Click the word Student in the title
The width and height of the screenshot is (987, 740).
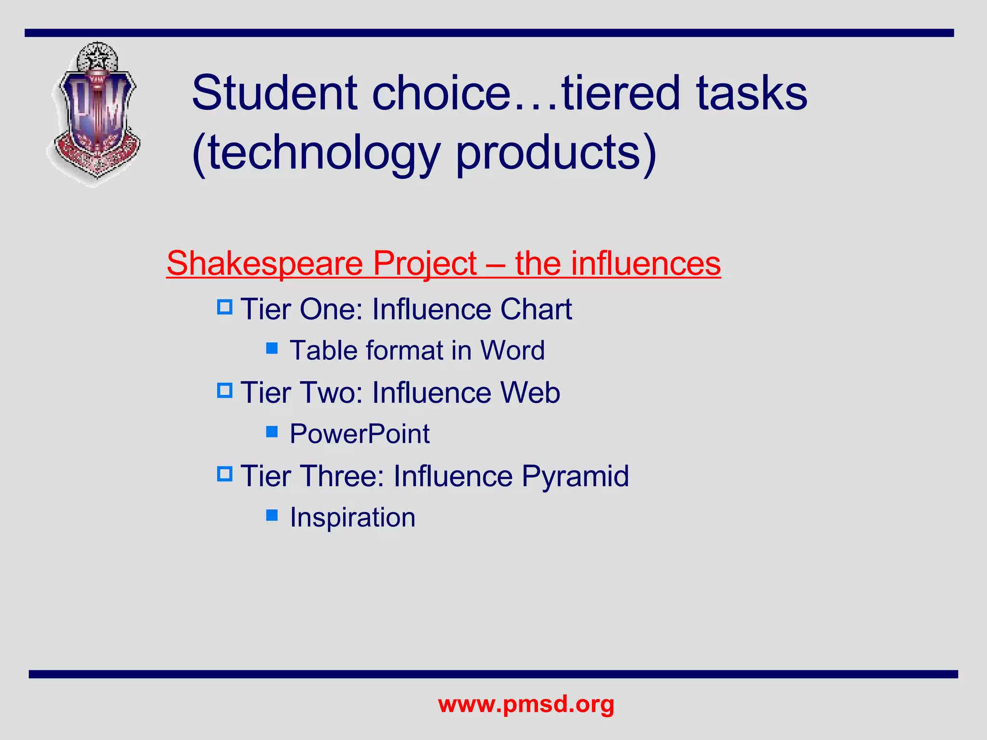pos(275,93)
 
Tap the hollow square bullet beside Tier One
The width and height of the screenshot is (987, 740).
pos(225,307)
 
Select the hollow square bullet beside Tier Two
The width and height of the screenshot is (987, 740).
pos(225,390)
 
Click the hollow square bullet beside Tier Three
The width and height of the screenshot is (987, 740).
pos(225,474)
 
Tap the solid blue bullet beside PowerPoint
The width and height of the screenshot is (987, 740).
pos(272,432)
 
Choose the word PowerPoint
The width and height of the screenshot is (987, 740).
pos(359,434)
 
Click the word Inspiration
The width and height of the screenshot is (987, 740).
pos(352,517)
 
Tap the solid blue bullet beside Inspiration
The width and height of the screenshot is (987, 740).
pos(272,515)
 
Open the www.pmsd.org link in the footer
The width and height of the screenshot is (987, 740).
pos(526,704)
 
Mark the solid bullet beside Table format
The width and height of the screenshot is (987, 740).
pos(272,348)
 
